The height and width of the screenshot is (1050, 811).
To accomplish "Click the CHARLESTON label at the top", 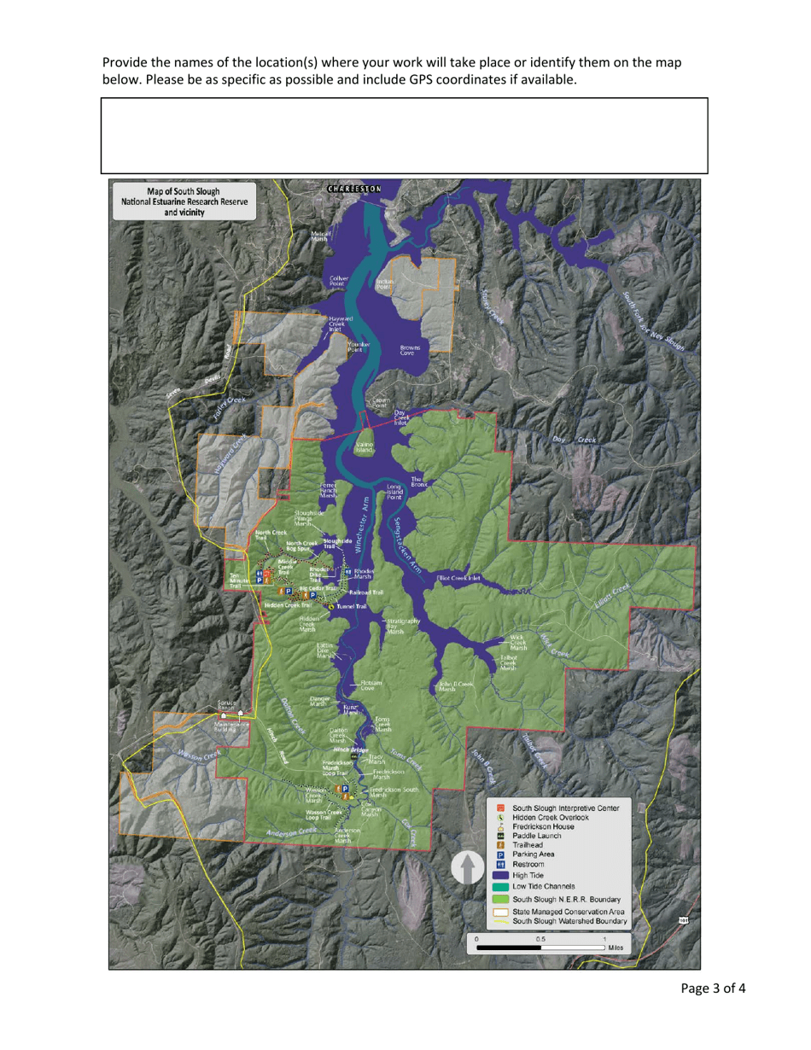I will click(x=353, y=188).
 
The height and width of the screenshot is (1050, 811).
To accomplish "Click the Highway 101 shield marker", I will click(x=684, y=919).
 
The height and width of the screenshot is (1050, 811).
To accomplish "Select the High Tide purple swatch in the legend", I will click(x=501, y=875).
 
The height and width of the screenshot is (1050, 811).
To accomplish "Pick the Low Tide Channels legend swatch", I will click(x=501, y=886).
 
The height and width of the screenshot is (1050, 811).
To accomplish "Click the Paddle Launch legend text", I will click(x=539, y=835).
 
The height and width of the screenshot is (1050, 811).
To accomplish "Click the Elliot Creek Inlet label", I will click(x=458, y=578).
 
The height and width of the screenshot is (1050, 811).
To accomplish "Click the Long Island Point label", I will click(x=394, y=492).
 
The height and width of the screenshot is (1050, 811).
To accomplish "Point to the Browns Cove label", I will click(x=409, y=350).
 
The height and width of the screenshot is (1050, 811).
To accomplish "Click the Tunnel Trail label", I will click(x=351, y=606).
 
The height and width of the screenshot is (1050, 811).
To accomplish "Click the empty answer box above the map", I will click(x=405, y=136).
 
